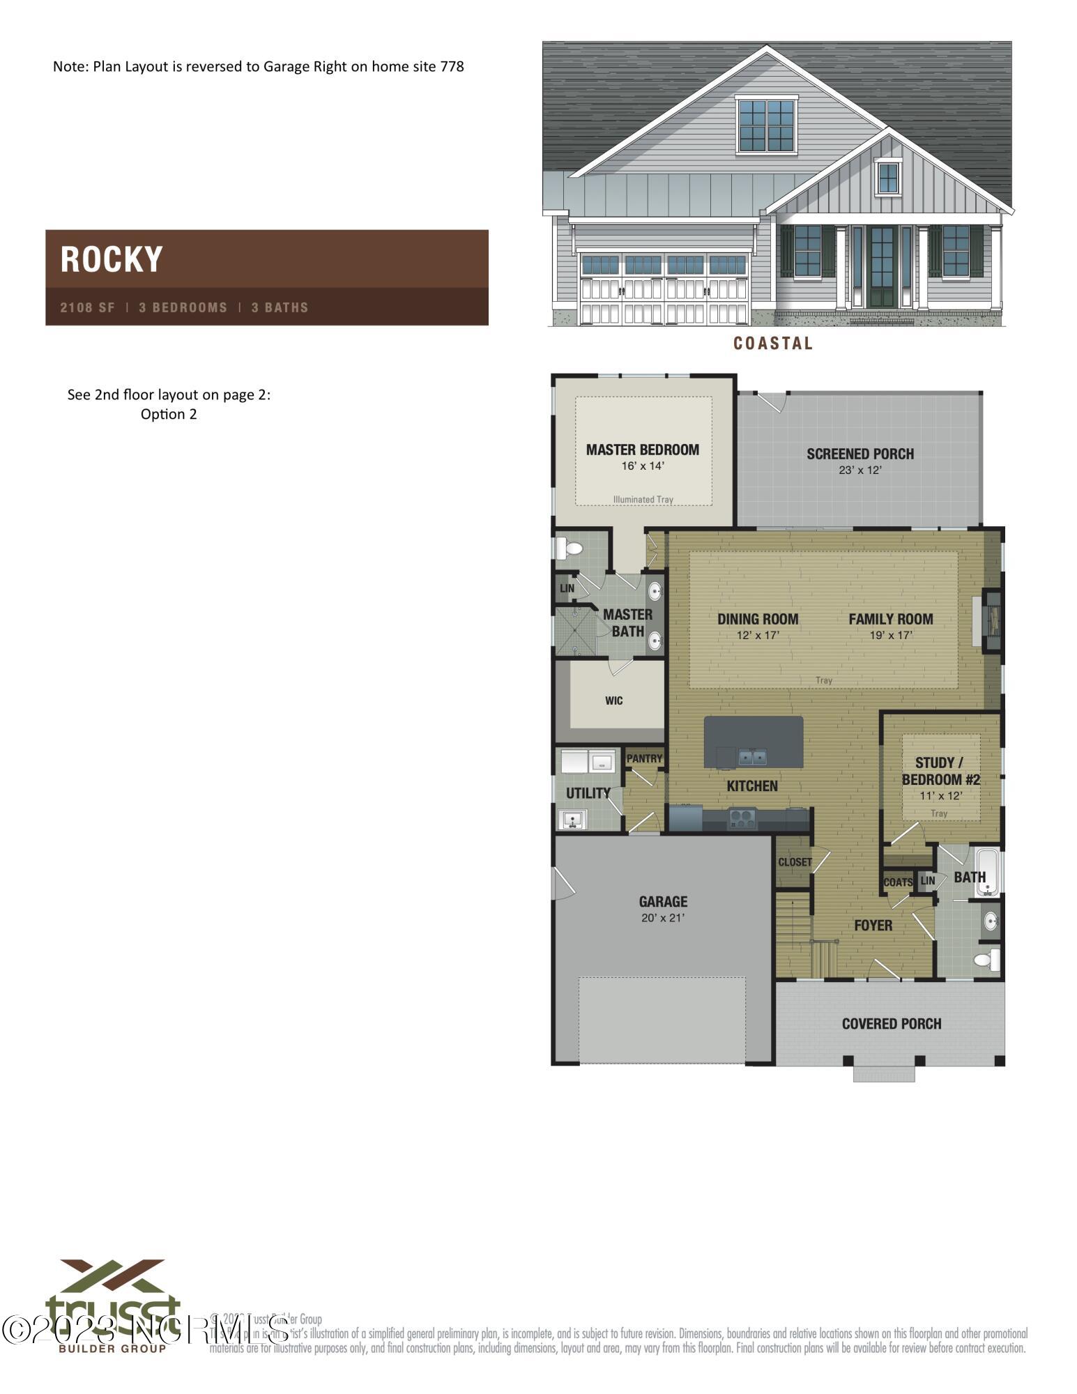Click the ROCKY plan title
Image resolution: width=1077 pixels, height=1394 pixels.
point(112,259)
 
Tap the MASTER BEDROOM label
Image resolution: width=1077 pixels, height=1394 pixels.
point(642,450)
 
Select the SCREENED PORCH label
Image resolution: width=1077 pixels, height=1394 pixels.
point(860,454)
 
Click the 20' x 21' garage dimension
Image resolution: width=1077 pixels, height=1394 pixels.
point(662,918)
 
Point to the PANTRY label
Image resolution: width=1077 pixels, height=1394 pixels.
point(644,758)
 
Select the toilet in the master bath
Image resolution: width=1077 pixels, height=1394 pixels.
point(570,549)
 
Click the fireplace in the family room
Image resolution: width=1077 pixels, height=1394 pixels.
point(991,620)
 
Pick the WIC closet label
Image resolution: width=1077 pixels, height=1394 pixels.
point(613,700)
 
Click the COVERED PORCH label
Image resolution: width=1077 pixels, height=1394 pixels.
point(891,1024)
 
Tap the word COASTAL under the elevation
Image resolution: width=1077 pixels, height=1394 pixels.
point(773,343)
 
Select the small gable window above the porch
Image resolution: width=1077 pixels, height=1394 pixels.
point(887,178)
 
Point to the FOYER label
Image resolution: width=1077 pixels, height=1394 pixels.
point(873,925)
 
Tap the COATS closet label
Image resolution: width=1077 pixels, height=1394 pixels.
point(897,882)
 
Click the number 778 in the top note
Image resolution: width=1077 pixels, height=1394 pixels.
point(452,66)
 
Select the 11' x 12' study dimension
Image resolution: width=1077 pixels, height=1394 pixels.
point(940,796)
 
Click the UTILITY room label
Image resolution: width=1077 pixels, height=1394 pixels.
point(588,793)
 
